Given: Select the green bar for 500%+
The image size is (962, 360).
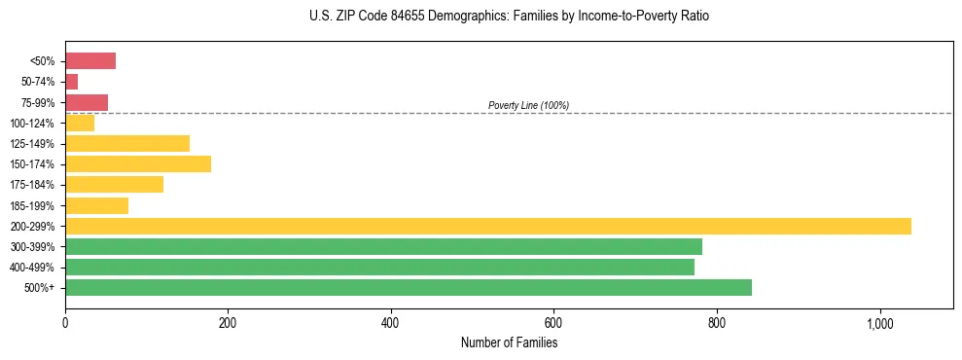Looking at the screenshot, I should (x=409, y=287).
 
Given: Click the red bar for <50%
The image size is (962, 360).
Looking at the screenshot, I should (x=90, y=61).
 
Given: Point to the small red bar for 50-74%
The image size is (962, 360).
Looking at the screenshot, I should (x=71, y=82).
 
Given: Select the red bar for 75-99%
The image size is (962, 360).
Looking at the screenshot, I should (x=87, y=102).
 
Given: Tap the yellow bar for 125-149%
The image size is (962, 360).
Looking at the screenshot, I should (x=127, y=143).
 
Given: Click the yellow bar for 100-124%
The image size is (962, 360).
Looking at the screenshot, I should (x=80, y=123).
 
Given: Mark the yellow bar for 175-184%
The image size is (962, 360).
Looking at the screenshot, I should (x=114, y=184).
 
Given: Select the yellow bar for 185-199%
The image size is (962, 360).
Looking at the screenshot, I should (x=96, y=205).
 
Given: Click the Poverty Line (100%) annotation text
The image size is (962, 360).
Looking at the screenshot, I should (x=528, y=105).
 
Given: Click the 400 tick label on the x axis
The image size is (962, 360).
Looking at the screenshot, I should (x=391, y=323).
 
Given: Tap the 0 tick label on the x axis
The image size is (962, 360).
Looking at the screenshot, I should (x=65, y=323).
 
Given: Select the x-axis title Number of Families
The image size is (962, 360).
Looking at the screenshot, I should (x=509, y=342).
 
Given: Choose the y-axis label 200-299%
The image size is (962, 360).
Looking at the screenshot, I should (x=35, y=227).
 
